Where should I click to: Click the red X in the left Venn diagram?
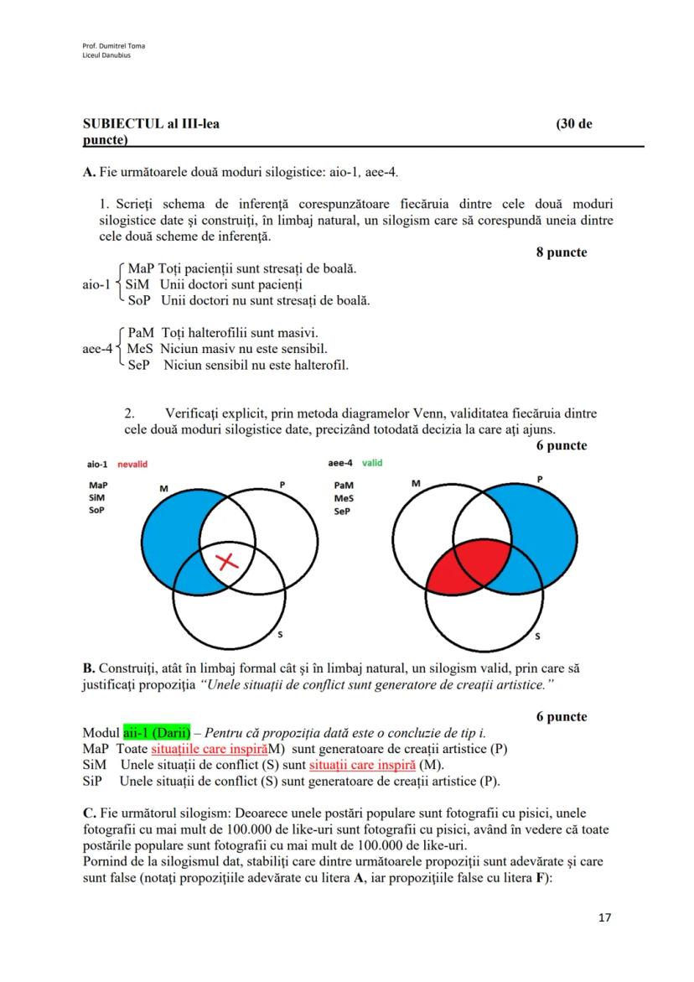[x=228, y=562]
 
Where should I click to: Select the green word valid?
[x=372, y=463]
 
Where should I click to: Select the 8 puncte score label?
[x=562, y=252]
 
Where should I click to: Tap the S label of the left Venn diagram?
[x=280, y=635]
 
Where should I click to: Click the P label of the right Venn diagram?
[x=539, y=478]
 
